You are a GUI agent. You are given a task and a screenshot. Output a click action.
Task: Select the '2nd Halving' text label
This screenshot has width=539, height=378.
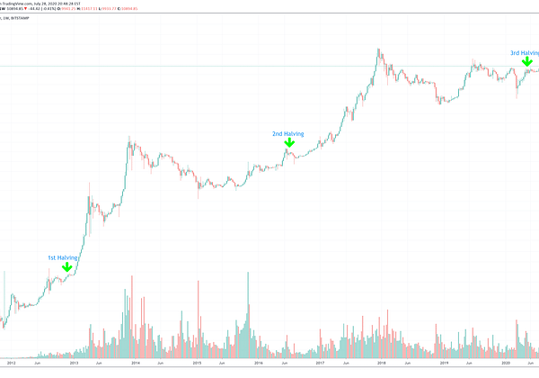tap(288, 134)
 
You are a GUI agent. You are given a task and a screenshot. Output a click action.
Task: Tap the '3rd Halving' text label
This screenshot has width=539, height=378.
tap(525, 53)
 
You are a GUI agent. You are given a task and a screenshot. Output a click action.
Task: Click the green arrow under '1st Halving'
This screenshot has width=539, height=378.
tap(66, 267)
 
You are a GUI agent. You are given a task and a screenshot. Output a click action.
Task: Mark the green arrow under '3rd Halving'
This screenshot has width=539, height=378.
tap(526, 63)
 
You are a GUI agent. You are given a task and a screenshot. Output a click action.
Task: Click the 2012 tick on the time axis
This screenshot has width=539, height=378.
tap(11, 364)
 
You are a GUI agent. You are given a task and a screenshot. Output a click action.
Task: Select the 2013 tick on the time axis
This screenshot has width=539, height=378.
tap(74, 364)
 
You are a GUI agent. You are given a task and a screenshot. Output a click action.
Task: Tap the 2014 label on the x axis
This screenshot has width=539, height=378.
tap(135, 364)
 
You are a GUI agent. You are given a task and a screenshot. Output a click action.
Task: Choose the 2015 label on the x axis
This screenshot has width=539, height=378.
tap(197, 364)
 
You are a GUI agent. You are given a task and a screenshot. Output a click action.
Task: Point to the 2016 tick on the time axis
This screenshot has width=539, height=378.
tap(258, 364)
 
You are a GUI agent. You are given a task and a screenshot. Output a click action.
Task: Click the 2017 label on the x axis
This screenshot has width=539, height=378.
tap(320, 364)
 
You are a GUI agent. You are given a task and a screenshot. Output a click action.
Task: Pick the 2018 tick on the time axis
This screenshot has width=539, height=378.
tap(382, 364)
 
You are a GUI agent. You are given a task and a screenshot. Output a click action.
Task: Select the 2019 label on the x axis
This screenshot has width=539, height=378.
tap(443, 364)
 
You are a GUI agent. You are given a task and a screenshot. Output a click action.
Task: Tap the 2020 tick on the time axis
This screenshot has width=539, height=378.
tap(505, 364)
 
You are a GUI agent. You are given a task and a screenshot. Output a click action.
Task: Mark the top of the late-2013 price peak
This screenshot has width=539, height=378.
tap(131, 138)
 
